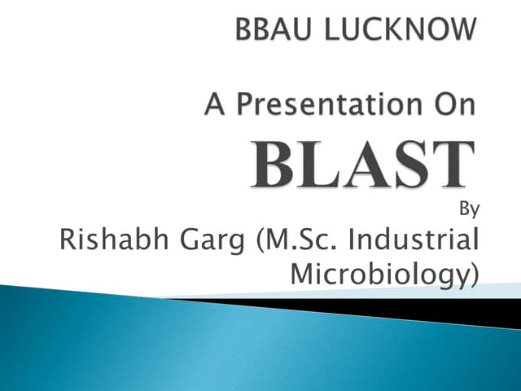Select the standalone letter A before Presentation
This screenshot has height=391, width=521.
pos(214,107)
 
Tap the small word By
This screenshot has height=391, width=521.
pos(469,209)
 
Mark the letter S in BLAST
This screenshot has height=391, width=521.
pos(409,166)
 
